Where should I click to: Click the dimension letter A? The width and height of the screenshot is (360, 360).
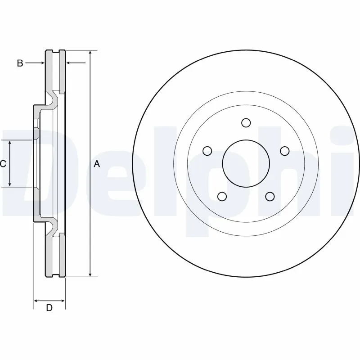pyautogui.click(x=97, y=165)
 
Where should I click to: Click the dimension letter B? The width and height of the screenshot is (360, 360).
pyautogui.click(x=20, y=63)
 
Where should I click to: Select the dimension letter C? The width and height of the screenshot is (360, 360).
pyautogui.click(x=3, y=164)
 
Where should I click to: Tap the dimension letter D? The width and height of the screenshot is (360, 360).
pyautogui.click(x=49, y=308)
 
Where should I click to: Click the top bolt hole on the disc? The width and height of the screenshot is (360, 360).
pyautogui.click(x=246, y=122)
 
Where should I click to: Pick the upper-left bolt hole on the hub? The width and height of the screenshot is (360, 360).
pyautogui.click(x=207, y=151)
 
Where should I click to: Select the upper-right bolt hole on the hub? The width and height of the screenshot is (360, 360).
pyautogui.click(x=284, y=151)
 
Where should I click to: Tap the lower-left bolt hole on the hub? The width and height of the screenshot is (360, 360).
pyautogui.click(x=222, y=196)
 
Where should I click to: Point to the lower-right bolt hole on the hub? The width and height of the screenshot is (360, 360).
pyautogui.click(x=270, y=196)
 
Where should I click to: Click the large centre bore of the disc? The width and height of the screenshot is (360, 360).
pyautogui.click(x=246, y=163)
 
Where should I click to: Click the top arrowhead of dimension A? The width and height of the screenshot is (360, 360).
pyautogui.click(x=90, y=53)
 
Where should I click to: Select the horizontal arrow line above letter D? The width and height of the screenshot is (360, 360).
pyautogui.click(x=49, y=300)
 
